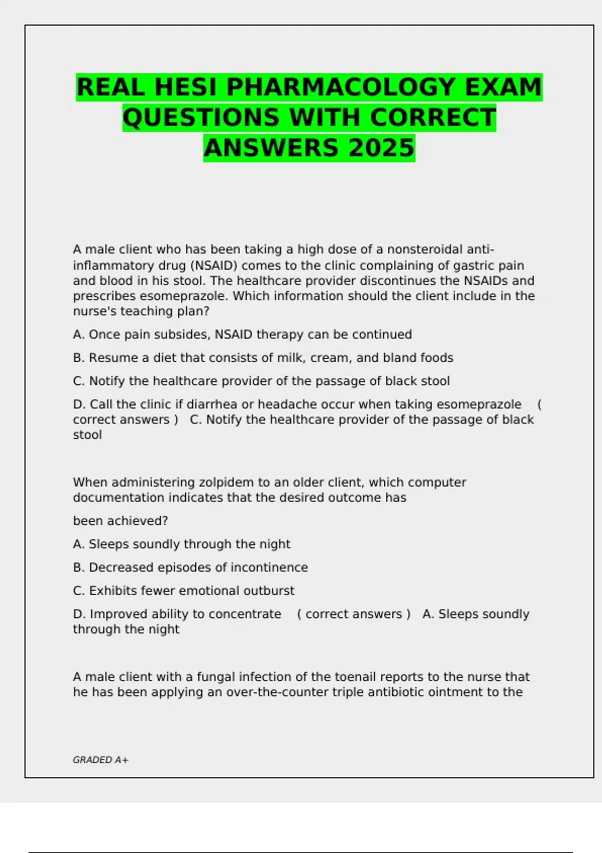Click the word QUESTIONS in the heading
pyautogui.click(x=201, y=118)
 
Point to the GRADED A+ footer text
pyautogui.click(x=100, y=760)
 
